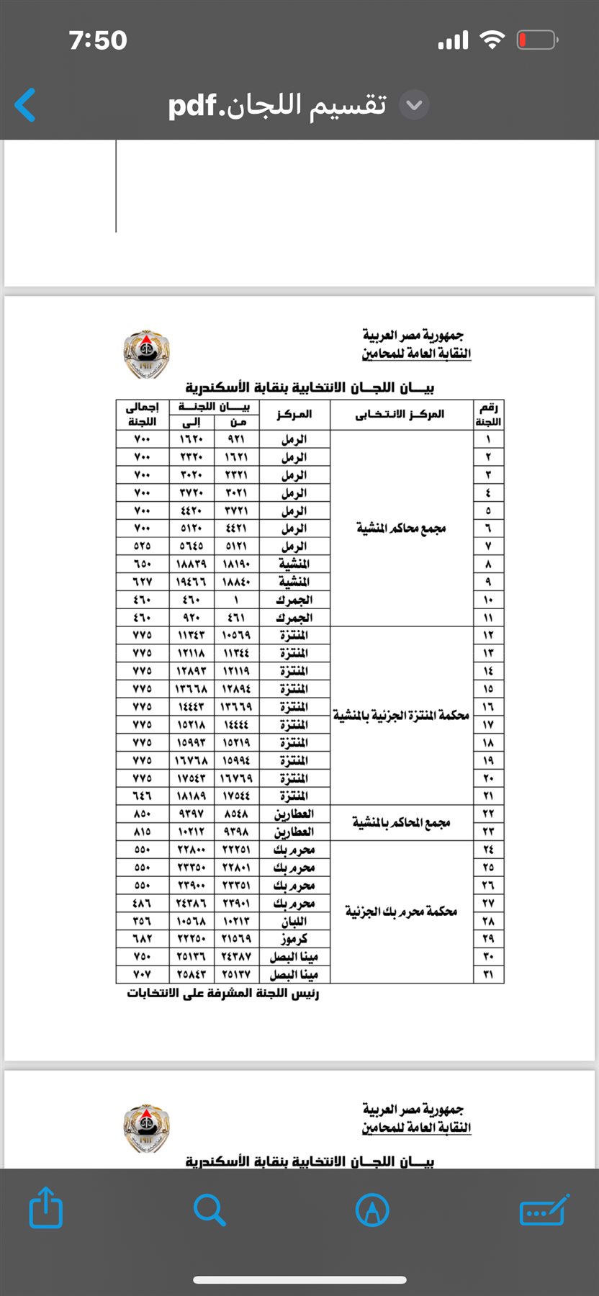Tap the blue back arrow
click(x=25, y=105)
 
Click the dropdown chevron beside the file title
click(x=414, y=105)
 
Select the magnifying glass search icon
click(x=210, y=1209)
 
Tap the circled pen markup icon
click(x=372, y=1210)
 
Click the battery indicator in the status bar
click(x=537, y=40)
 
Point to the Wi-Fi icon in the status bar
click(x=492, y=40)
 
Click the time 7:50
click(x=98, y=40)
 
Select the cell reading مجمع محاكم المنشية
click(x=401, y=528)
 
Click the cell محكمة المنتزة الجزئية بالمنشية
click(x=401, y=716)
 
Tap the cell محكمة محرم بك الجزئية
click(x=401, y=912)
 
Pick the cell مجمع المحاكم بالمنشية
click(x=401, y=822)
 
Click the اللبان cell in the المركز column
click(x=294, y=921)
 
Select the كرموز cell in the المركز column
click(x=294, y=939)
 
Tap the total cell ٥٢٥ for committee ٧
click(x=143, y=546)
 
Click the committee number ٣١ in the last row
click(x=488, y=974)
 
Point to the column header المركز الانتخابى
click(x=401, y=414)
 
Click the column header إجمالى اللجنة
click(x=143, y=414)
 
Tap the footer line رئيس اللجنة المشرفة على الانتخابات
click(x=223, y=994)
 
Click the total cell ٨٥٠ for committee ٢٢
click(x=143, y=814)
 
